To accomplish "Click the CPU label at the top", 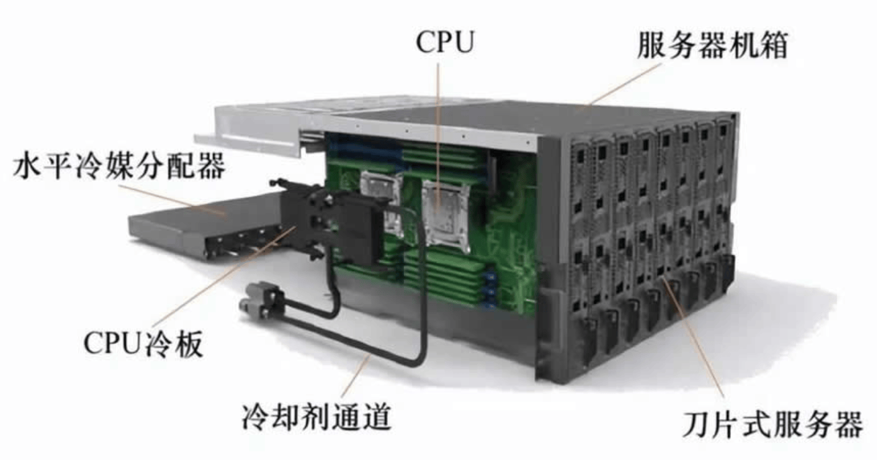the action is (x=445, y=42).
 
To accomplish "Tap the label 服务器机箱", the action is (x=712, y=45).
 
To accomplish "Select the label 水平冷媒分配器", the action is (x=119, y=166).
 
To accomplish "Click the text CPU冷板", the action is (x=144, y=343).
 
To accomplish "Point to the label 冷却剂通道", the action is (x=317, y=417).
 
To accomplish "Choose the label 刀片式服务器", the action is (x=772, y=424).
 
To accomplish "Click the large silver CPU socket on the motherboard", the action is (x=446, y=214).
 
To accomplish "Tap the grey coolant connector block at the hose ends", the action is (x=262, y=301).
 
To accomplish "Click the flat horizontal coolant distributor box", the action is (x=204, y=227).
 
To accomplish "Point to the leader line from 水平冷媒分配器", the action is (x=173, y=199).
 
